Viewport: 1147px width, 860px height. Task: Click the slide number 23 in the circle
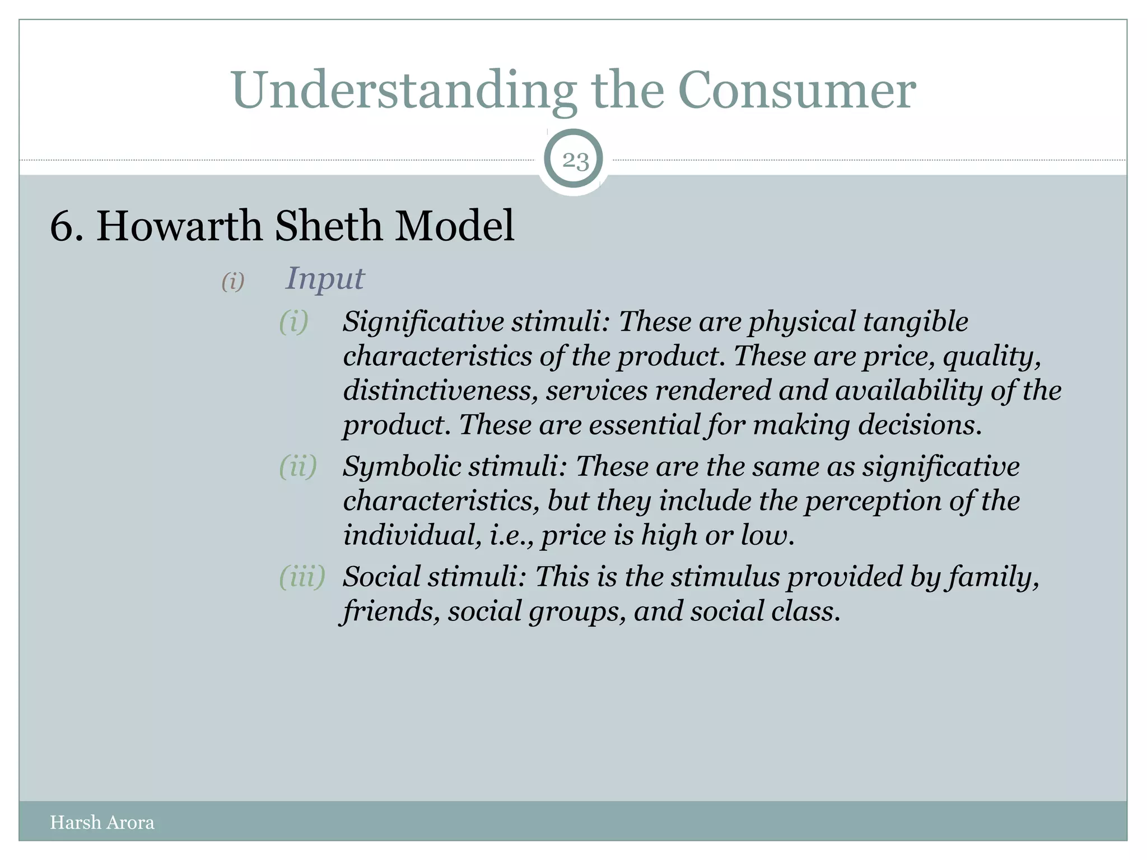pos(575,161)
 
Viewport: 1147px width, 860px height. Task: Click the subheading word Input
pos(325,278)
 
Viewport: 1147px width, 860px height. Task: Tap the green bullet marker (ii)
pos(298,466)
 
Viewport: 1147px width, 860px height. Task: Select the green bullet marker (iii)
pos(302,576)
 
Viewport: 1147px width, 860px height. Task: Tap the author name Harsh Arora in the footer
pos(102,822)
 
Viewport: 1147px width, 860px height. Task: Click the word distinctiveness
pos(440,390)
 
